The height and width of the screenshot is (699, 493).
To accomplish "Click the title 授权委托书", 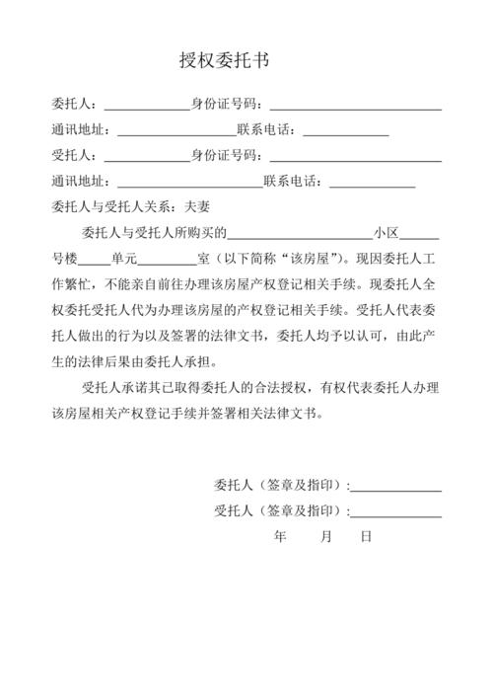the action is tap(225, 61).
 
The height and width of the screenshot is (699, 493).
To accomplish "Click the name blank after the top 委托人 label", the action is tap(147, 104).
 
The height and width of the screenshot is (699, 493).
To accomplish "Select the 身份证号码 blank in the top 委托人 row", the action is tap(355, 104).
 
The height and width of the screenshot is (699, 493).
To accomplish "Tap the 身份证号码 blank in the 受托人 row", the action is tap(355, 156).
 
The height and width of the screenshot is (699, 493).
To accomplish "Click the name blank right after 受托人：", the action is tap(147, 156).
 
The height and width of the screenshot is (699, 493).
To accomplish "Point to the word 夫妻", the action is tap(198, 207).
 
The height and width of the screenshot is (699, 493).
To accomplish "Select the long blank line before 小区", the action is tap(300, 234).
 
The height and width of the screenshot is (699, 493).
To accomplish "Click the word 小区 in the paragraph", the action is tap(386, 234).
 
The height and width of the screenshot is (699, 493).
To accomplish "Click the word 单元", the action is tap(124, 260).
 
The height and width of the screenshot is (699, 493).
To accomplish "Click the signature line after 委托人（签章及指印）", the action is tap(397, 485).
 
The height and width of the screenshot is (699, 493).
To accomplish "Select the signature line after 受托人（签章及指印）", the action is tap(397, 511).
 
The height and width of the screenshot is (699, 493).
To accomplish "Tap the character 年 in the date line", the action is tap(280, 537).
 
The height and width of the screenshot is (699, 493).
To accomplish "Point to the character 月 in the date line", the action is tap(326, 537).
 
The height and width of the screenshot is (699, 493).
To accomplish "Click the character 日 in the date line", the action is tap(366, 537).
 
